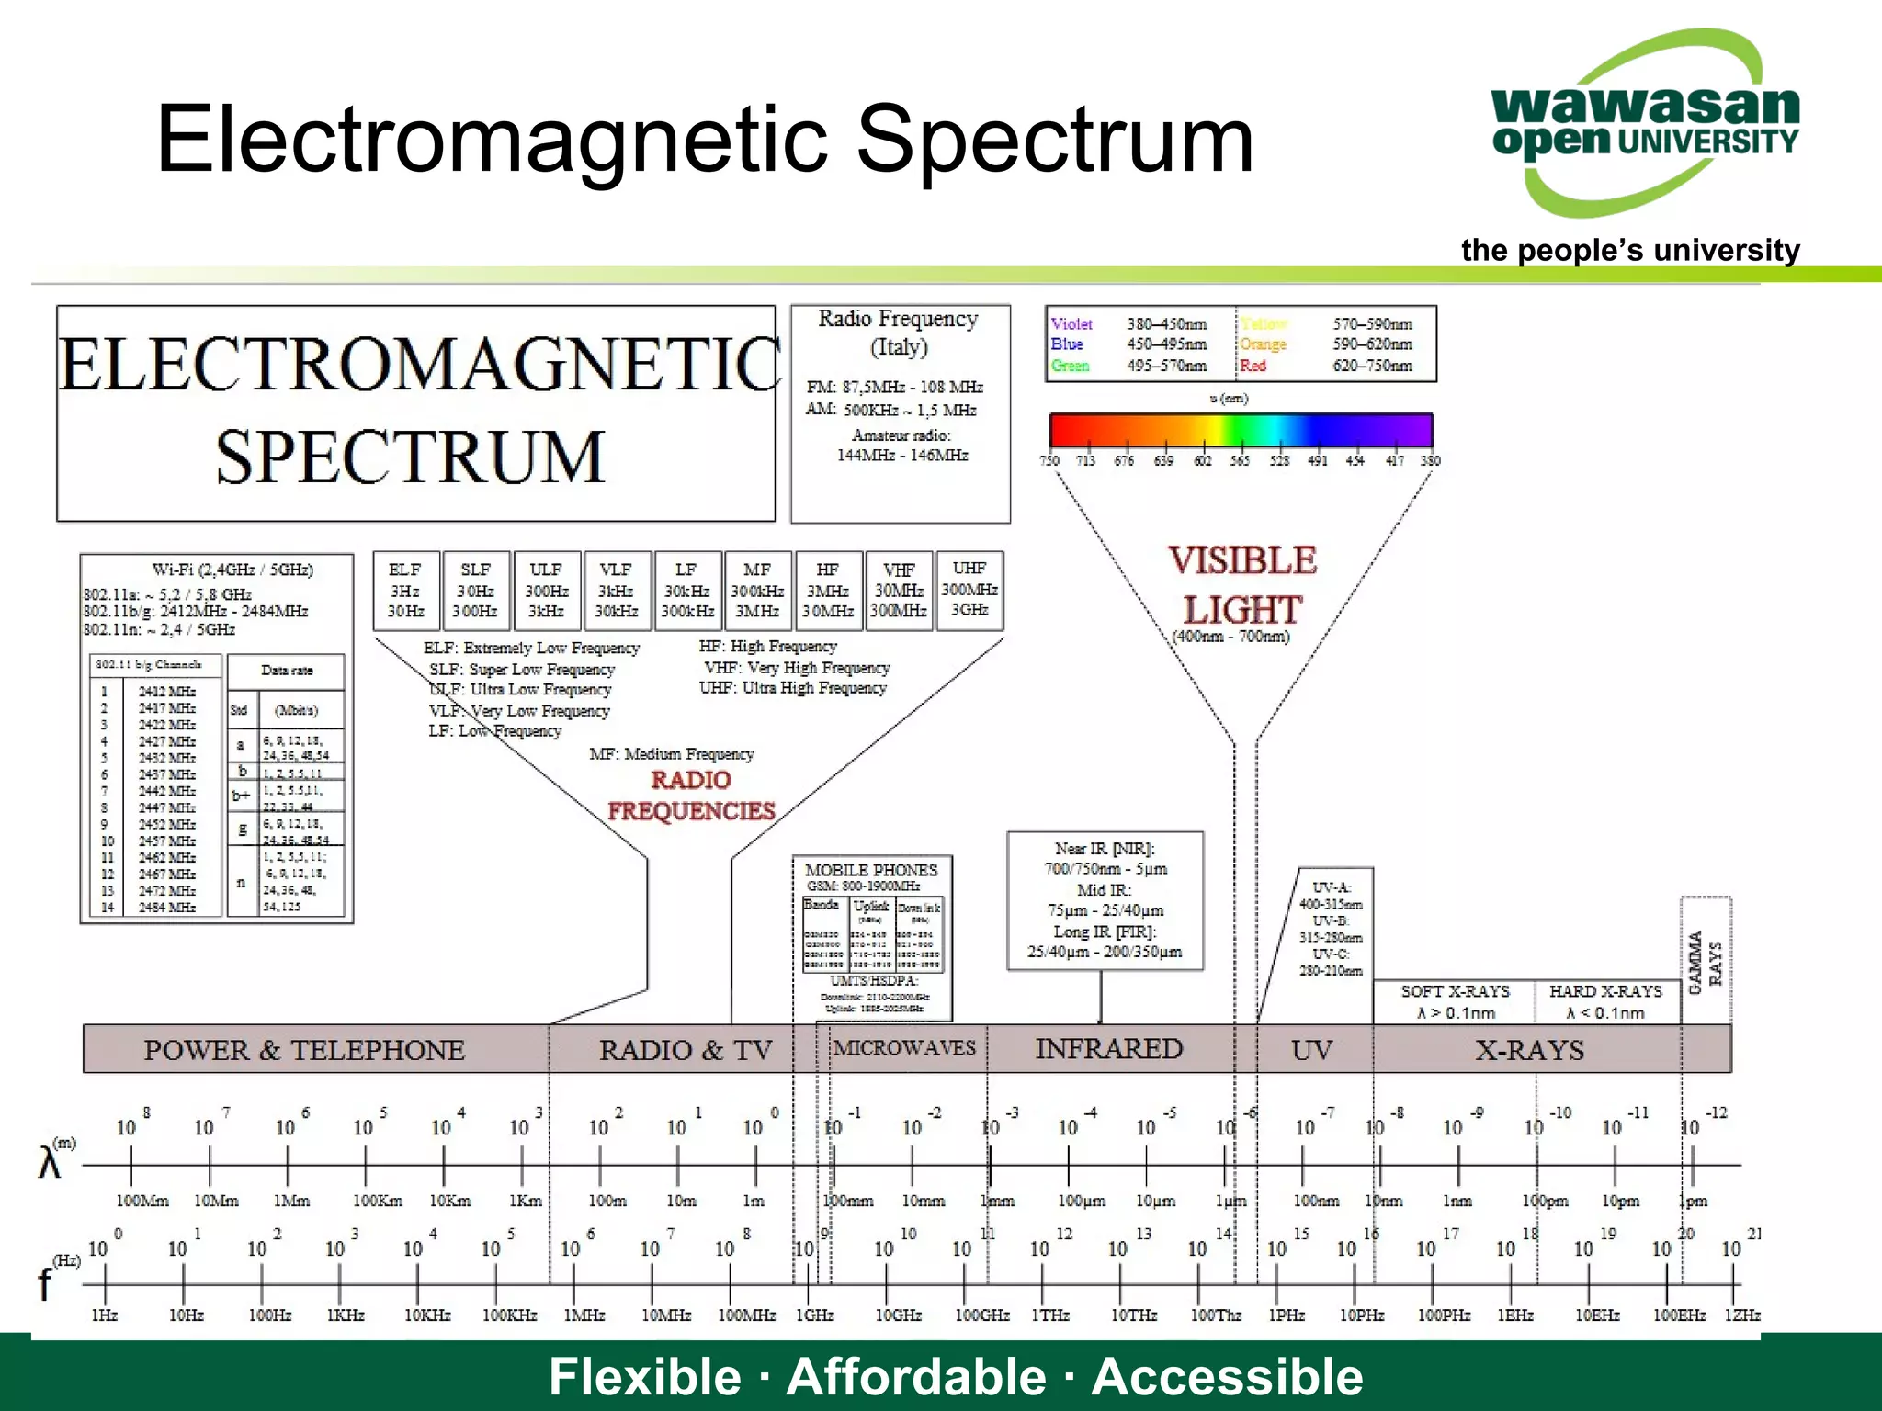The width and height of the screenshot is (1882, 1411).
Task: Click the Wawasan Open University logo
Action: (1644, 124)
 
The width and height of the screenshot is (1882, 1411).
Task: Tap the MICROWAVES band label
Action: (904, 1048)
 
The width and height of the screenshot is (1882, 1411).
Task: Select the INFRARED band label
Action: (1108, 1049)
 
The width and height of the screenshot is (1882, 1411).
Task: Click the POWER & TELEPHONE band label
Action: (304, 1050)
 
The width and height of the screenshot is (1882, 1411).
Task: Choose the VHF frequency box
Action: (899, 591)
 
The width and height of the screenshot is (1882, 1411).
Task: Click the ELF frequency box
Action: (405, 591)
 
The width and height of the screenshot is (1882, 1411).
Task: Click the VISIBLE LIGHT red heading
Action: (1242, 584)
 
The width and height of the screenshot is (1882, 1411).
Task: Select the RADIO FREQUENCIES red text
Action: (691, 796)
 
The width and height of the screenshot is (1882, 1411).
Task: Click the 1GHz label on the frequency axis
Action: (814, 1315)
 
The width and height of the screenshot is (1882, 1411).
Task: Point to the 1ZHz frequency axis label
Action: (1741, 1315)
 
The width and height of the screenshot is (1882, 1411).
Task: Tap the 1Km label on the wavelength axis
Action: (526, 1201)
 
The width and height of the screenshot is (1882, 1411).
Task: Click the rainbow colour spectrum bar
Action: (1241, 430)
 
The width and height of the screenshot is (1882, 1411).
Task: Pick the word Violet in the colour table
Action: (1071, 324)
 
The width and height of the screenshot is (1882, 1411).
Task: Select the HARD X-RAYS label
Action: (1605, 991)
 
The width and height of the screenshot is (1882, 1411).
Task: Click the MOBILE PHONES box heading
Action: (871, 869)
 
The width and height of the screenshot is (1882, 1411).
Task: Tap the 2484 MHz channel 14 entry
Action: (166, 907)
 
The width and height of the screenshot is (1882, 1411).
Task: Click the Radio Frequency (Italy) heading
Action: (899, 333)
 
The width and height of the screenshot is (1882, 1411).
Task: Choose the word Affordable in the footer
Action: (916, 1376)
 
